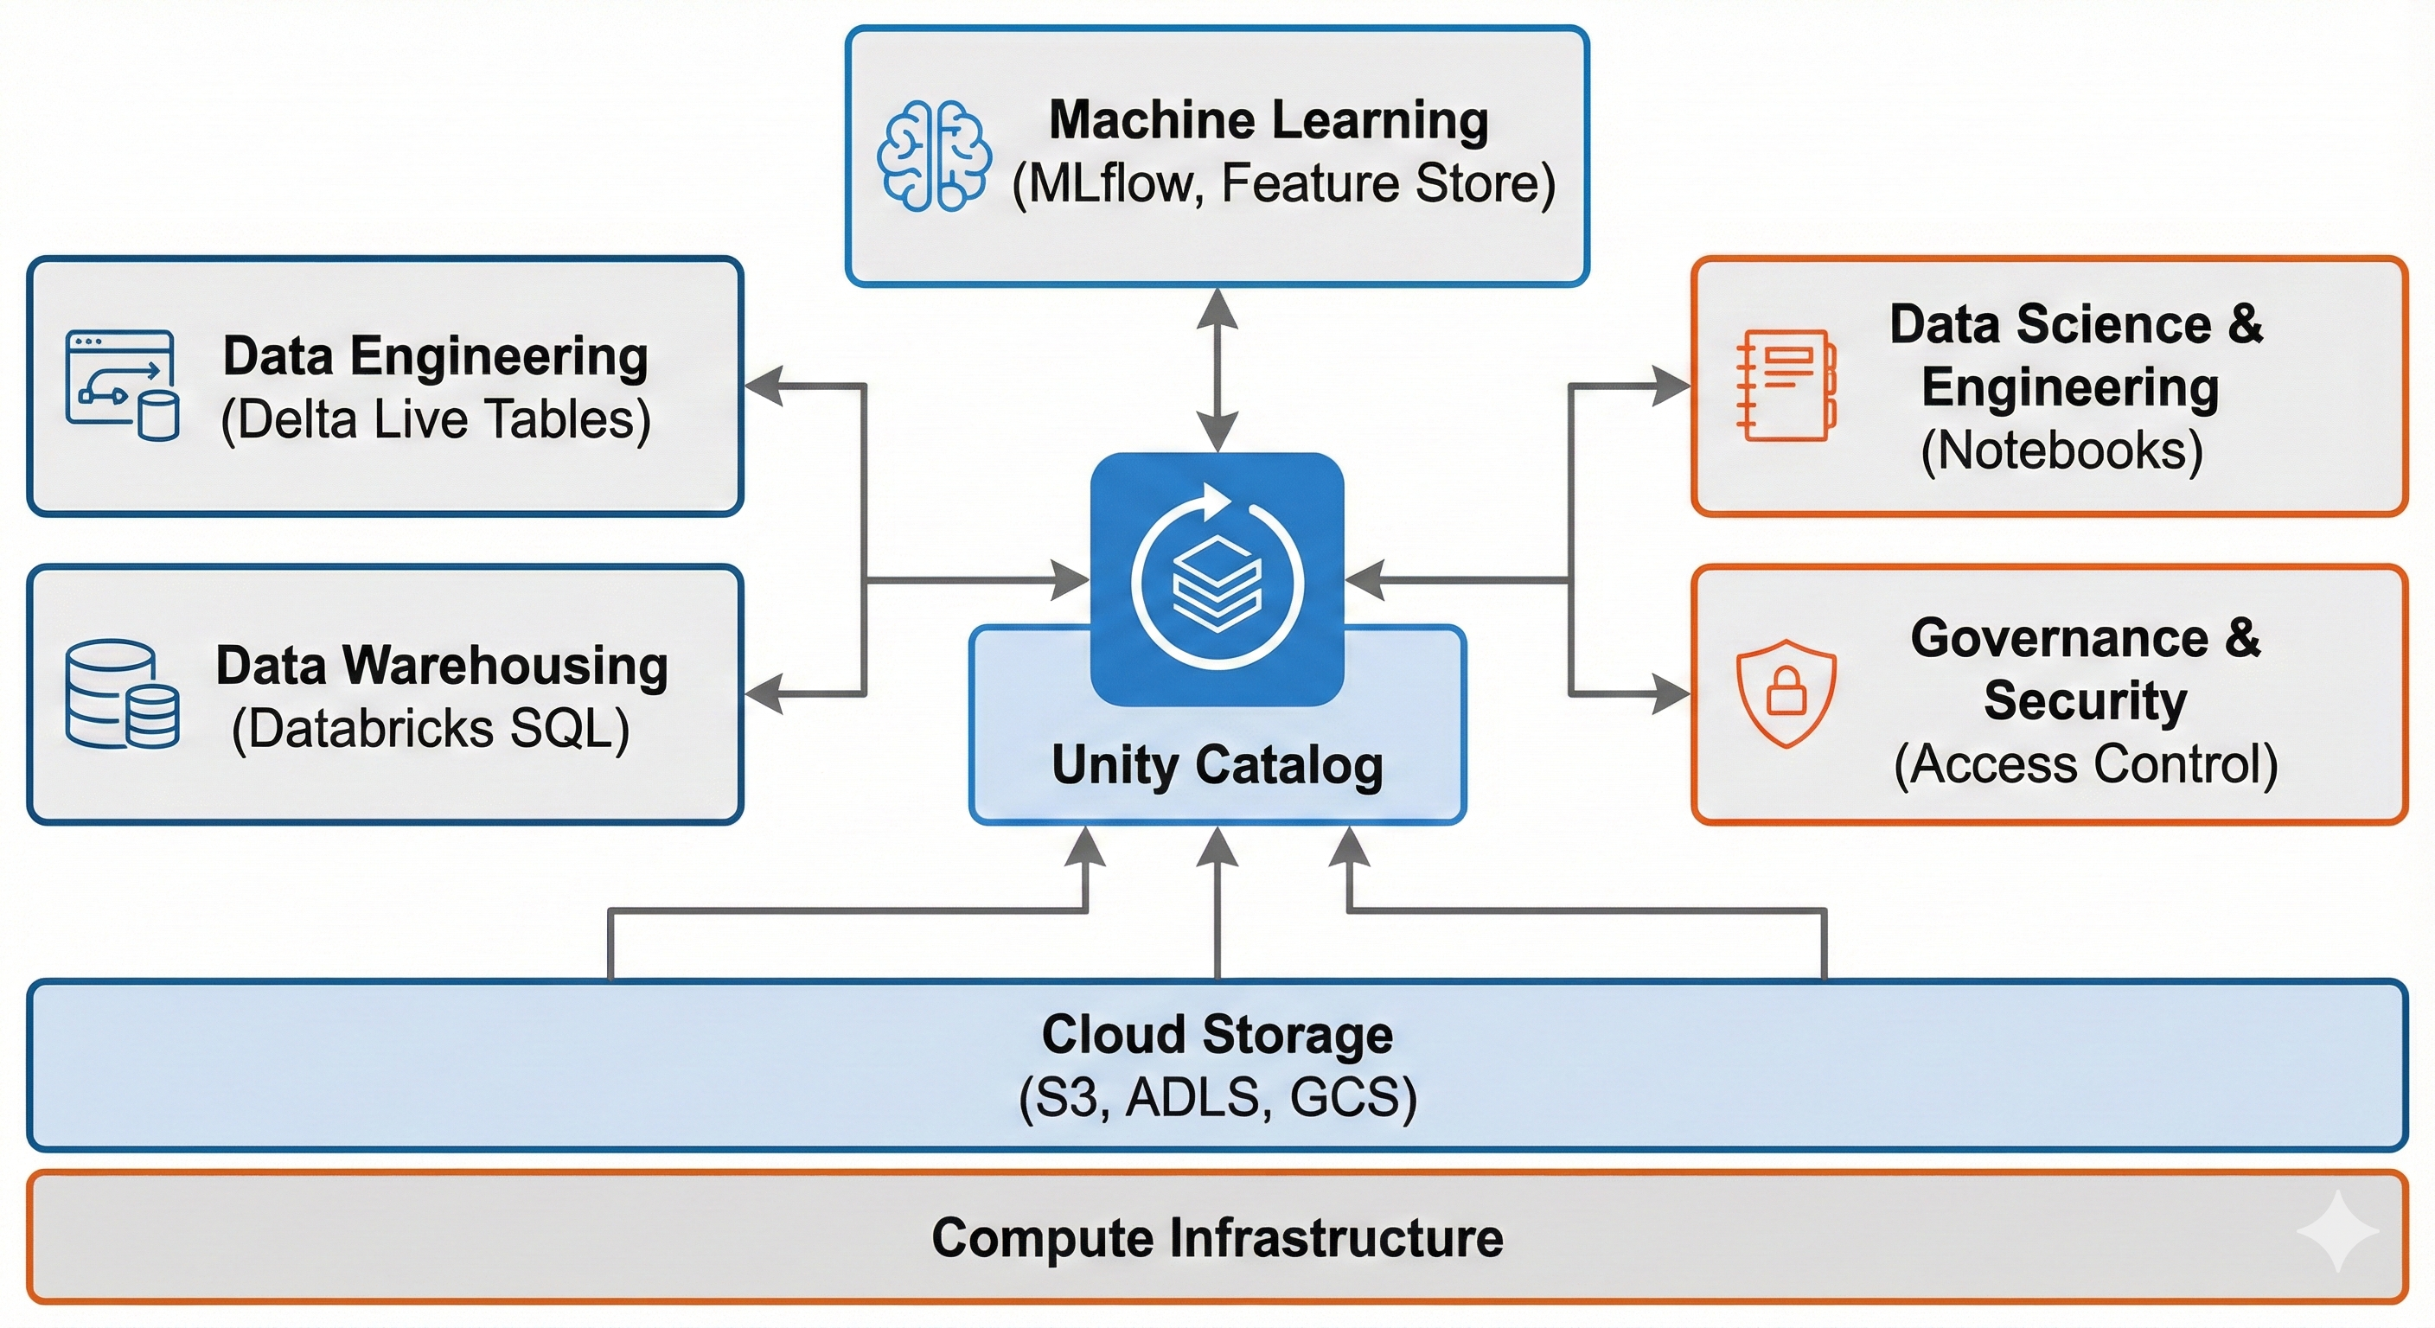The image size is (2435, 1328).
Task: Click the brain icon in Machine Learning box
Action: (934, 155)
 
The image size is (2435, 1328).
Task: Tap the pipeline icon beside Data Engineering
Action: (122, 386)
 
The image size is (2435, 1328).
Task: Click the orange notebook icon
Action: (1786, 385)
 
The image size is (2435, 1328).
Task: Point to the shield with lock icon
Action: (1786, 693)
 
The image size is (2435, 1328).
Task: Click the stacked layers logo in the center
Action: (1217, 578)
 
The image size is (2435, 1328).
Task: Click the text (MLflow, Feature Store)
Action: (1282, 183)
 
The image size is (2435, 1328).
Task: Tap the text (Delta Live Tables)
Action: (436, 419)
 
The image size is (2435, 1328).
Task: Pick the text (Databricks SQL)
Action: (431, 729)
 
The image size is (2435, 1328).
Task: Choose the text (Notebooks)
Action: (2061, 450)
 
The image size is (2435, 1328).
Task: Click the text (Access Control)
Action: (2086, 763)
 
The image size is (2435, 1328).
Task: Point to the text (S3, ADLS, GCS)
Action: (1217, 1097)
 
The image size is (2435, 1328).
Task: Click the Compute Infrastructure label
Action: (1217, 1238)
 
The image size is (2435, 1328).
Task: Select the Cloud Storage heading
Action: (1217, 1034)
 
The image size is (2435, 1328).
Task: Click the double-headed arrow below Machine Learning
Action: (1217, 369)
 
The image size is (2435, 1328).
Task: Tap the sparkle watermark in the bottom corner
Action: (2336, 1230)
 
